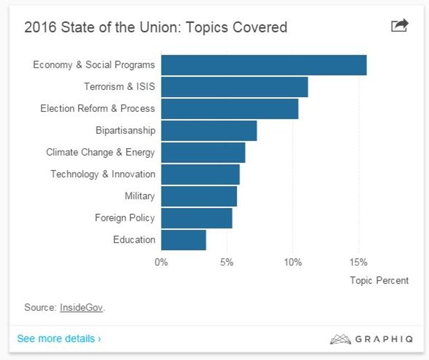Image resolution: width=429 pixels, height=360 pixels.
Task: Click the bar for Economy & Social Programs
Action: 264,65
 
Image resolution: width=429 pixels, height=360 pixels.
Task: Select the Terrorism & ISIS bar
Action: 235,87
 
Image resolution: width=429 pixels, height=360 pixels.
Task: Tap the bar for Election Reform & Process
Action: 230,108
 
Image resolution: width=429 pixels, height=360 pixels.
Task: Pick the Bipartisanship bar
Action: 209,130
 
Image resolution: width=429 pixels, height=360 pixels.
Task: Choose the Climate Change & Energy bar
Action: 203,152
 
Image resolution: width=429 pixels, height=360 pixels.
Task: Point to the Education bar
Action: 184,240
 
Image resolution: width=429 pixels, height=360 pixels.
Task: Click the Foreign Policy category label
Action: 125,218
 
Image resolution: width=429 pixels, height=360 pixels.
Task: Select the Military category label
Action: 140,196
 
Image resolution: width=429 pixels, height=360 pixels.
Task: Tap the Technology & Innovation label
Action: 103,174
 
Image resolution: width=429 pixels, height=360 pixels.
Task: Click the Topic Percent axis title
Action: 379,281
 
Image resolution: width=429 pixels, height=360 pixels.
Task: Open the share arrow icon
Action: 399,26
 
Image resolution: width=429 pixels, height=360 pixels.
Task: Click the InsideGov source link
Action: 81,307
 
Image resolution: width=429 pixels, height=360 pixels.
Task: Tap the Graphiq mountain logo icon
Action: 340,339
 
